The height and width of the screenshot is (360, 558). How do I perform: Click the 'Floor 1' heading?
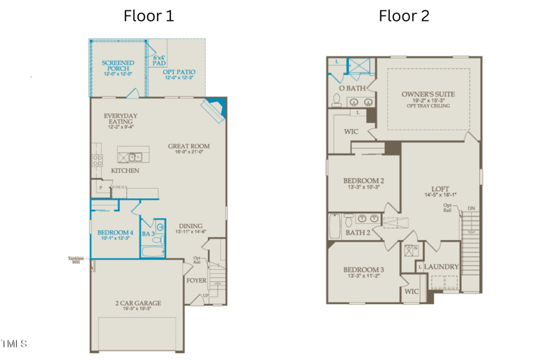pos(149,15)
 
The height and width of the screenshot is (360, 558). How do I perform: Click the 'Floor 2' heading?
pos(404,15)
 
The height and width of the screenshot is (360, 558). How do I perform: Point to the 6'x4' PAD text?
pos(159,61)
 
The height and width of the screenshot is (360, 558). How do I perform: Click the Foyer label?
pos(196,281)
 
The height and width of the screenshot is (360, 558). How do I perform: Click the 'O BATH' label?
pos(352,89)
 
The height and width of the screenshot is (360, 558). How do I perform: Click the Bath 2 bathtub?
pos(335,226)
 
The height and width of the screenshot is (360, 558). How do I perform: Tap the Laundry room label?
pos(442,267)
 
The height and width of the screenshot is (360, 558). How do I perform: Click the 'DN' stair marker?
pos(472,208)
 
